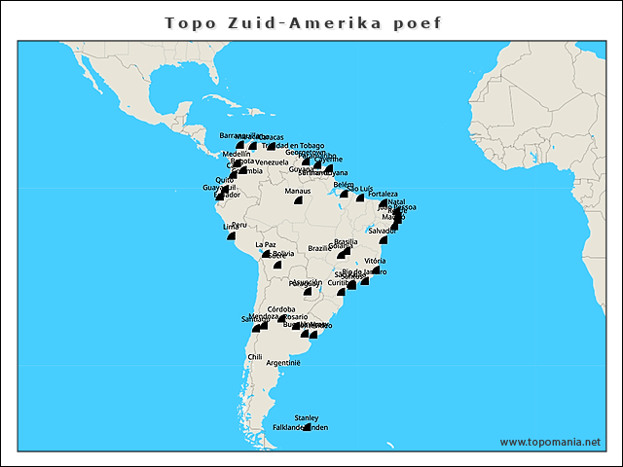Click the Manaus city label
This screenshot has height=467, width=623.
pyautogui.click(x=298, y=191)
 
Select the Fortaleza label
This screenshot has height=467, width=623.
pyautogui.click(x=384, y=194)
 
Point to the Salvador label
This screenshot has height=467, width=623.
pyautogui.click(x=382, y=231)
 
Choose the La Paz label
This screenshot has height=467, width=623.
pyautogui.click(x=265, y=244)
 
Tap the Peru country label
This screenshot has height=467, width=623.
pyautogui.click(x=239, y=225)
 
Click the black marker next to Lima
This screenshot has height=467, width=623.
pyautogui.click(x=231, y=236)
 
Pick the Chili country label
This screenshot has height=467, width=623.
pyautogui.click(x=255, y=357)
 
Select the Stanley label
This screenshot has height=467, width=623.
pyautogui.click(x=307, y=418)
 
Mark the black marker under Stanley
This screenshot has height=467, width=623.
pyautogui.click(x=307, y=428)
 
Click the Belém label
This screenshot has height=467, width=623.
pyautogui.click(x=343, y=184)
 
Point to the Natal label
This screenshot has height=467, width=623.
pyautogui.click(x=396, y=201)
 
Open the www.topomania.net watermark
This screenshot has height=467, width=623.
pyautogui.click(x=550, y=442)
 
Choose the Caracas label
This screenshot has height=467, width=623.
pyautogui.click(x=272, y=137)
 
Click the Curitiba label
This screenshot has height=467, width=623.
pyautogui.click(x=340, y=282)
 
